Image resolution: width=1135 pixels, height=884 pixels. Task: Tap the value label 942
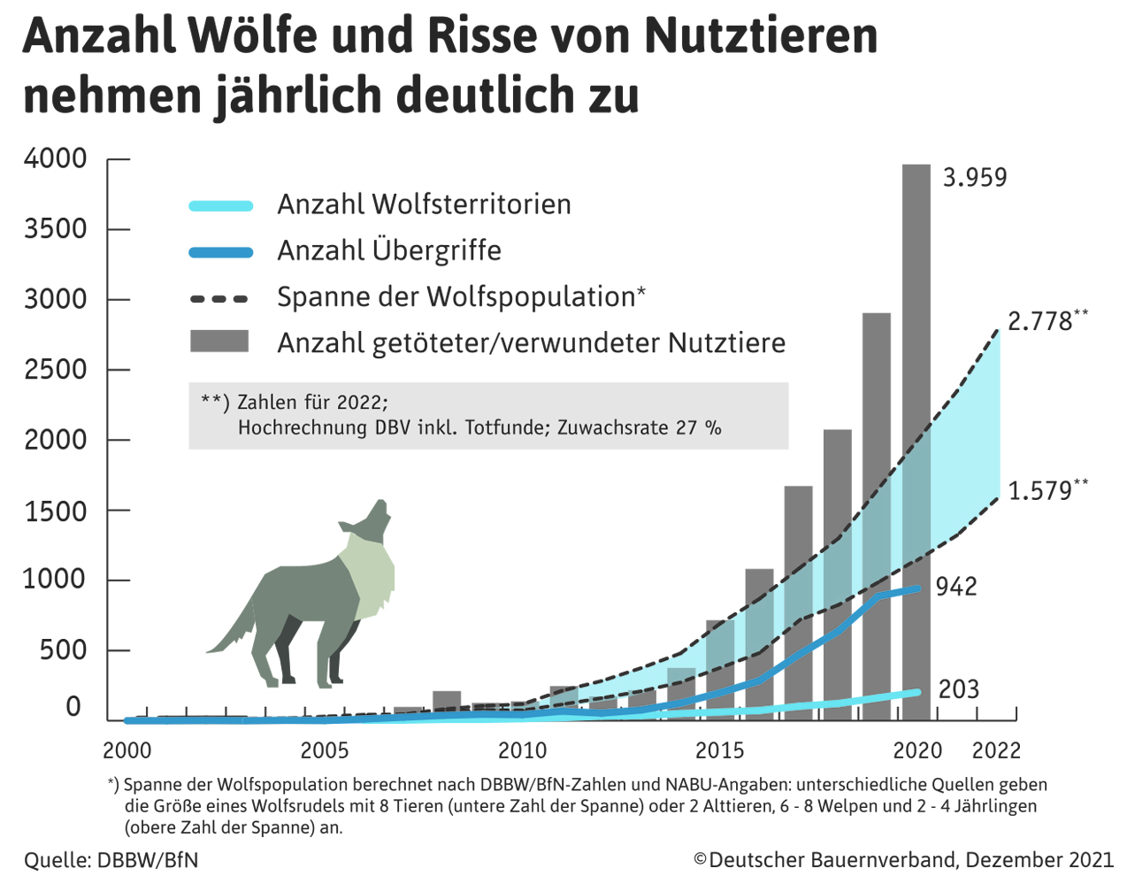click(956, 587)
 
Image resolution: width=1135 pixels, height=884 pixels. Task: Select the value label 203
click(959, 689)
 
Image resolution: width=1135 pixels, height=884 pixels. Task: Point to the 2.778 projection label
click(1040, 321)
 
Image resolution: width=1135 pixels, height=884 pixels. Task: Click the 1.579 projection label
click(1040, 491)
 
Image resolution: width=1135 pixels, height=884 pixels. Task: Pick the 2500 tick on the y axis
click(56, 370)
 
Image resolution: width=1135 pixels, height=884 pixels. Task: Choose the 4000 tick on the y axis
click(56, 159)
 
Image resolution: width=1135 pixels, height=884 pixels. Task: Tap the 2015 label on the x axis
click(720, 751)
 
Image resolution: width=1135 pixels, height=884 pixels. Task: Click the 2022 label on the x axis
click(996, 751)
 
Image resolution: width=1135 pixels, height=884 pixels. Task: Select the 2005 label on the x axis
click(325, 751)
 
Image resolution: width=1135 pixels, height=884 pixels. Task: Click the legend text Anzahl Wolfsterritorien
click(424, 204)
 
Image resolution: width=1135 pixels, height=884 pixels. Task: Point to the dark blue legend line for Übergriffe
click(221, 252)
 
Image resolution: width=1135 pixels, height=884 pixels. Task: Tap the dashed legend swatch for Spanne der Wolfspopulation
click(219, 299)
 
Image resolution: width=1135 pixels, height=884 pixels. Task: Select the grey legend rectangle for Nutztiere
click(219, 342)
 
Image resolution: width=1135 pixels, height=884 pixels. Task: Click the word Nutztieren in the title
click(761, 35)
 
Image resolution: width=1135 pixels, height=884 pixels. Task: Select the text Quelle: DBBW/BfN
click(111, 860)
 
